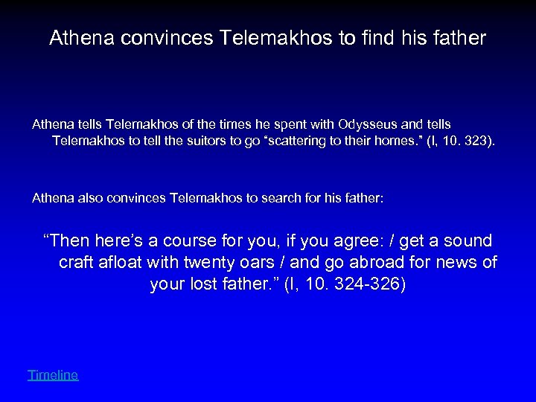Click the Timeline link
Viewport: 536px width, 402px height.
tap(53, 375)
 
